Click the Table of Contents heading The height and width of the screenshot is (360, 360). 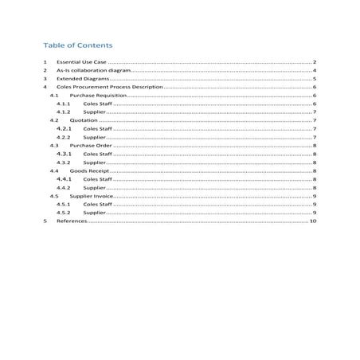pyautogui.click(x=78, y=45)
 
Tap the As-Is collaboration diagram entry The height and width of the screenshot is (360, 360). pyautogui.click(x=92, y=71)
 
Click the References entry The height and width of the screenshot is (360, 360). pyautogui.click(x=70, y=221)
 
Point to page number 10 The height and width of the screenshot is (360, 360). pyautogui.click(x=314, y=221)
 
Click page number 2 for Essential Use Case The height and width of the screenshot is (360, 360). pyautogui.click(x=315, y=62)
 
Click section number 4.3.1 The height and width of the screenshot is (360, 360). pyautogui.click(x=65, y=154)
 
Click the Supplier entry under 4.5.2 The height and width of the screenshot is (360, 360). pyautogui.click(x=95, y=213)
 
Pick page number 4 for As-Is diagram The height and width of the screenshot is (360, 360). pyautogui.click(x=315, y=71)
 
